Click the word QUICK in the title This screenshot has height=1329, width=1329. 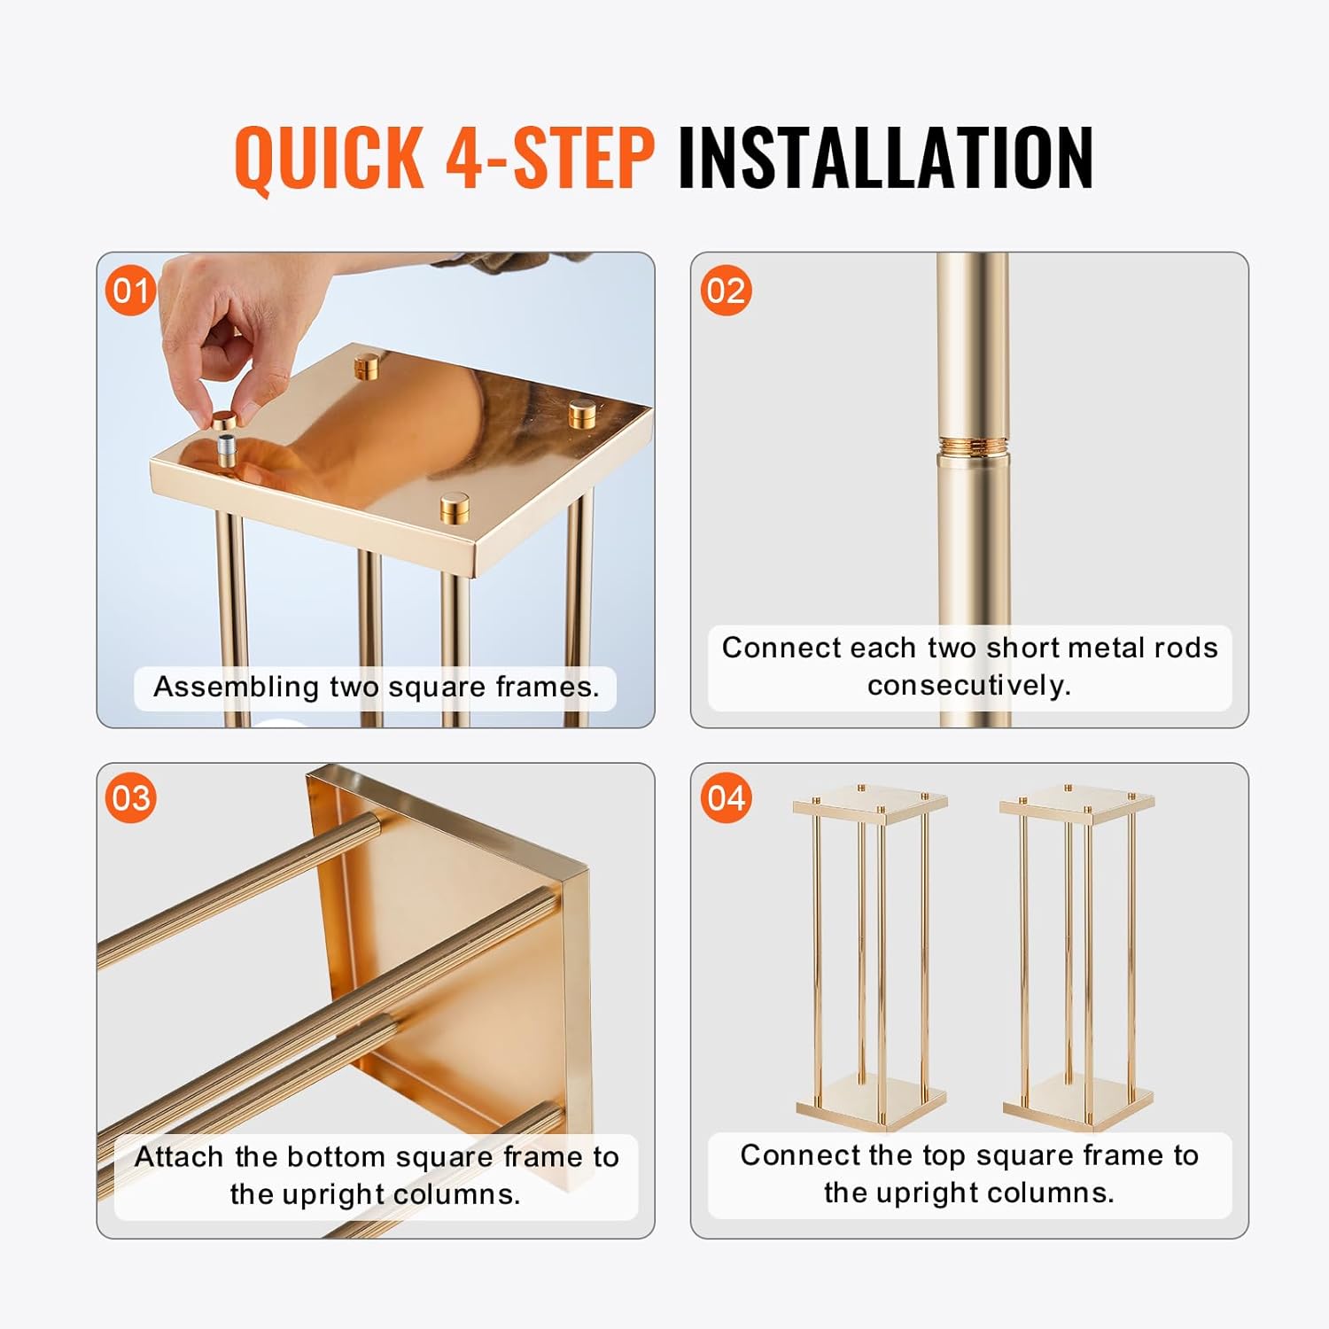(x=330, y=157)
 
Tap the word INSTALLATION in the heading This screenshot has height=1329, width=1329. (x=885, y=157)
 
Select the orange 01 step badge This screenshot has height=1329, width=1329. (x=130, y=291)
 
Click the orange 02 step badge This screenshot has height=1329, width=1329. (x=725, y=291)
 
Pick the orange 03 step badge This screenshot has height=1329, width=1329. (x=130, y=797)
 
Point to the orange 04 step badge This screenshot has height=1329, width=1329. (x=725, y=797)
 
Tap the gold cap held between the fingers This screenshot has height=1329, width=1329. (x=225, y=417)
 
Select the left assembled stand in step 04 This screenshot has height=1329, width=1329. (x=870, y=957)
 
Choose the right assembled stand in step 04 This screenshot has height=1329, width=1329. (x=1077, y=957)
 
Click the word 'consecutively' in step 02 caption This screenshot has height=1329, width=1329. (x=969, y=685)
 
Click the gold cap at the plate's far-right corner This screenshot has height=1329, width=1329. (x=582, y=414)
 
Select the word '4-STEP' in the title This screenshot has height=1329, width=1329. (x=550, y=157)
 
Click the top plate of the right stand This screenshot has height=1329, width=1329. (x=1077, y=803)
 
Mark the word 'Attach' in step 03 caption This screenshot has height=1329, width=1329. (x=179, y=1157)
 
